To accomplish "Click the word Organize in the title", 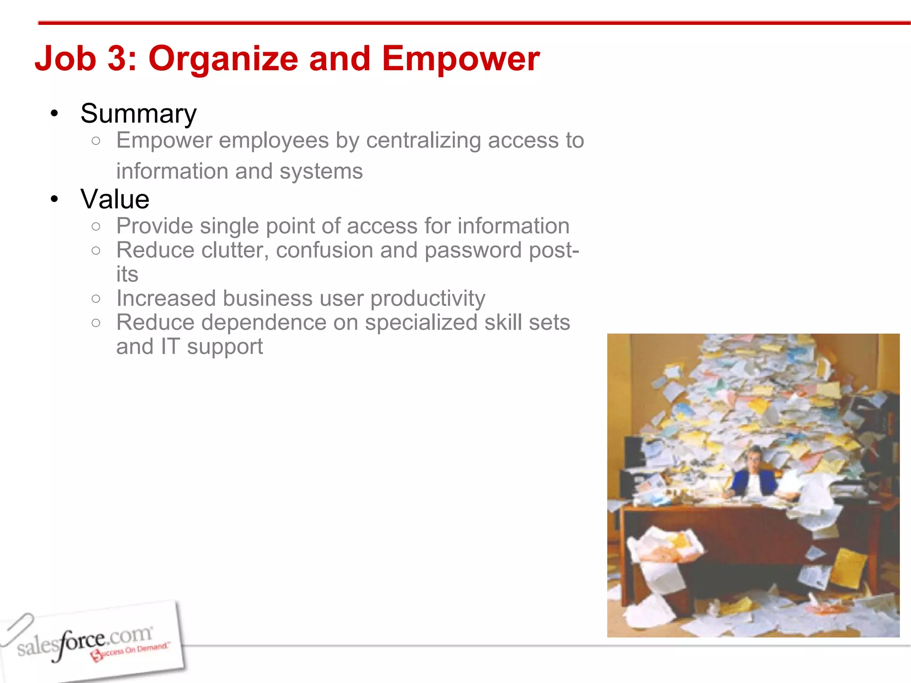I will coord(223,59).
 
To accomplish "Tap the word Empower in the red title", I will coord(460,59).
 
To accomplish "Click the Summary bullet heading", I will coord(138,114).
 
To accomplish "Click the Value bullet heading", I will coord(115,199).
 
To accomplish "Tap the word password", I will coord(472,250).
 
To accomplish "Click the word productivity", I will coord(427,299).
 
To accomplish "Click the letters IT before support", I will coord(170,347).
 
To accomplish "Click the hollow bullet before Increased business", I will coord(96,299).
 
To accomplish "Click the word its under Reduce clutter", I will coord(127,275).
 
